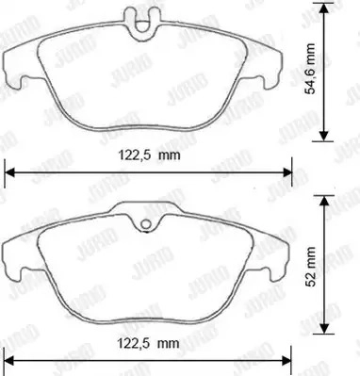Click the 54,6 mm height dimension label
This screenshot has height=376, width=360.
[x=311, y=69]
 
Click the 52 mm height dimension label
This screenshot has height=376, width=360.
[x=311, y=267]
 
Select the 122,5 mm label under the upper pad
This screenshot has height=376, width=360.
[x=149, y=155]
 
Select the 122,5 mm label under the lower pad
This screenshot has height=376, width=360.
[x=149, y=343]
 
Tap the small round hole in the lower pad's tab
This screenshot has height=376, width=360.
[x=145, y=224]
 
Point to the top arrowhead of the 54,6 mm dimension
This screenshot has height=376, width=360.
[x=324, y=8]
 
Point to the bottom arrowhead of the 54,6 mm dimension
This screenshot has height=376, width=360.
[x=324, y=136]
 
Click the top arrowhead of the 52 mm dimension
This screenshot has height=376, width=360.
[x=324, y=201]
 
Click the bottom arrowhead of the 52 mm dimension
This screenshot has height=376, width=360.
[x=324, y=328]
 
